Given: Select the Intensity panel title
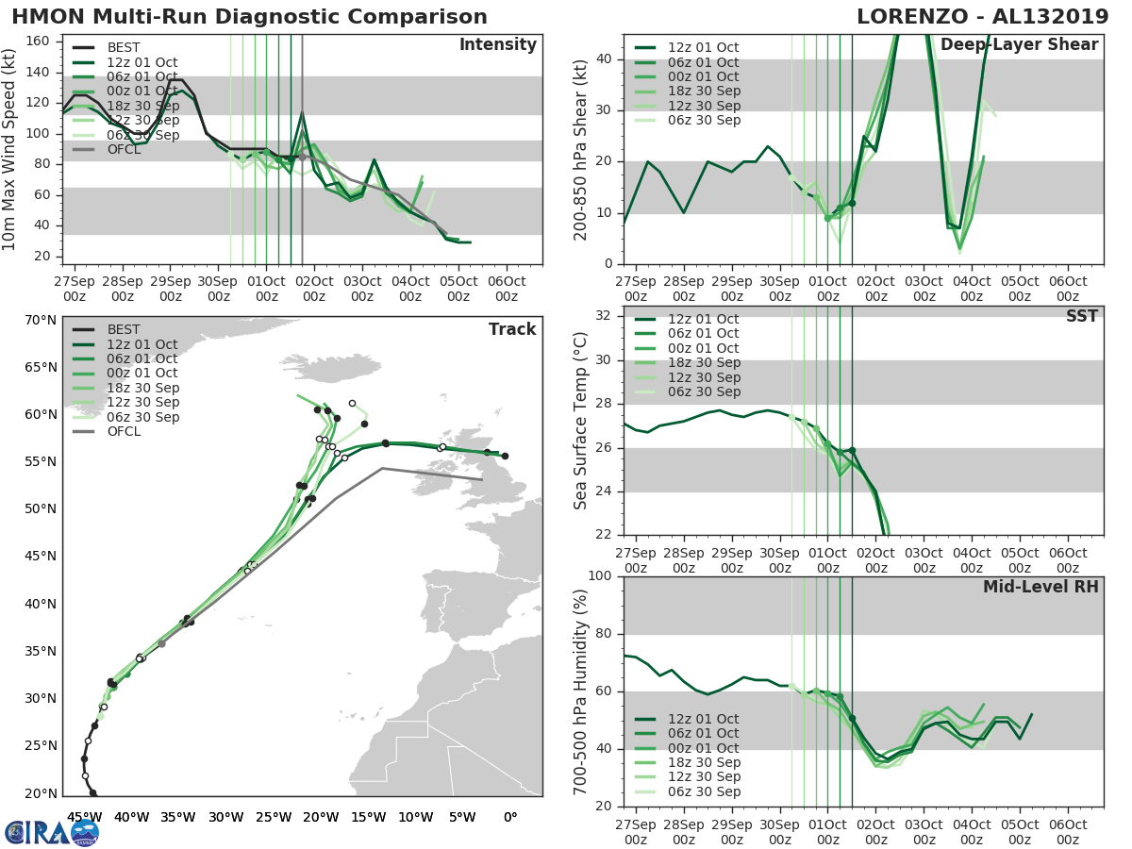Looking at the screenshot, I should pyautogui.click(x=497, y=45).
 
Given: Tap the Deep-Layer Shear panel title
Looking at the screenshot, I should pyautogui.click(x=1045, y=45).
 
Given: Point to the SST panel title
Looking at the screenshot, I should pyautogui.click(x=1081, y=316).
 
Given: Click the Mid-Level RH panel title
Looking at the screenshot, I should pyautogui.click(x=1040, y=587).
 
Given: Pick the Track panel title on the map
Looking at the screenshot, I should pyautogui.click(x=511, y=329).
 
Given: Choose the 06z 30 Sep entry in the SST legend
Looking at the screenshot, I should pyautogui.click(x=698, y=391).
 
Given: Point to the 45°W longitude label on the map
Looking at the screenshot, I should pyautogui.click(x=85, y=816).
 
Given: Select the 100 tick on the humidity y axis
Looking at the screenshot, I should pyautogui.click(x=600, y=575).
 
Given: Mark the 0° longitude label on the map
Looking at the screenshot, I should pyautogui.click(x=509, y=816).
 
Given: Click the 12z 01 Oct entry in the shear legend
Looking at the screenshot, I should pyautogui.click(x=698, y=48).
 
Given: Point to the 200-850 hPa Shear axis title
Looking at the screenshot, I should pyautogui.click(x=581, y=149).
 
